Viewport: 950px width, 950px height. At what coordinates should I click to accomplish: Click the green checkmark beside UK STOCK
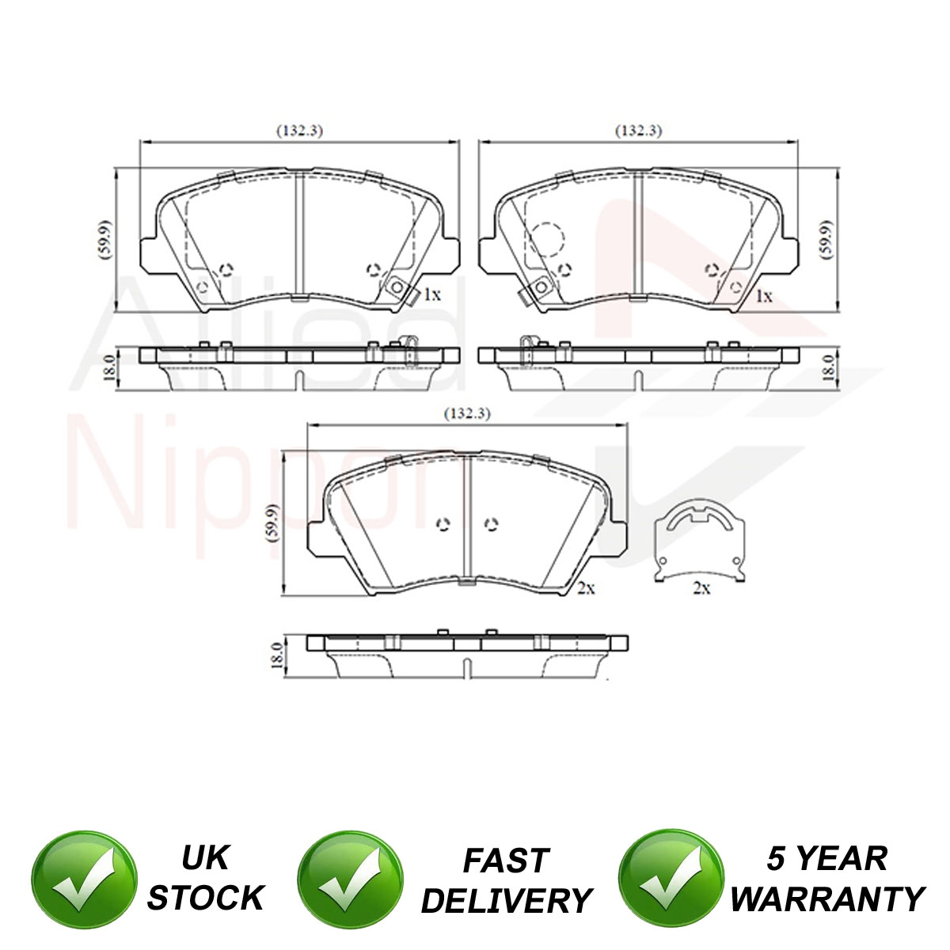pos(84,880)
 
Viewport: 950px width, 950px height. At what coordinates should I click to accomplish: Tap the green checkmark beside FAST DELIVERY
pos(350,880)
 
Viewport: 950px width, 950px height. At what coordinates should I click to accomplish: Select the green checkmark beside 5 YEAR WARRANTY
pos(671,880)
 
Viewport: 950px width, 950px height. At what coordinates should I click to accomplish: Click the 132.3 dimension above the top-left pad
pos(299,131)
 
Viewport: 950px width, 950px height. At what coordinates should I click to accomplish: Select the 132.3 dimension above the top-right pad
pos(638,131)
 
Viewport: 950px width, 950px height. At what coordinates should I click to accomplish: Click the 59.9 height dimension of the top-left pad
pos(105,240)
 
